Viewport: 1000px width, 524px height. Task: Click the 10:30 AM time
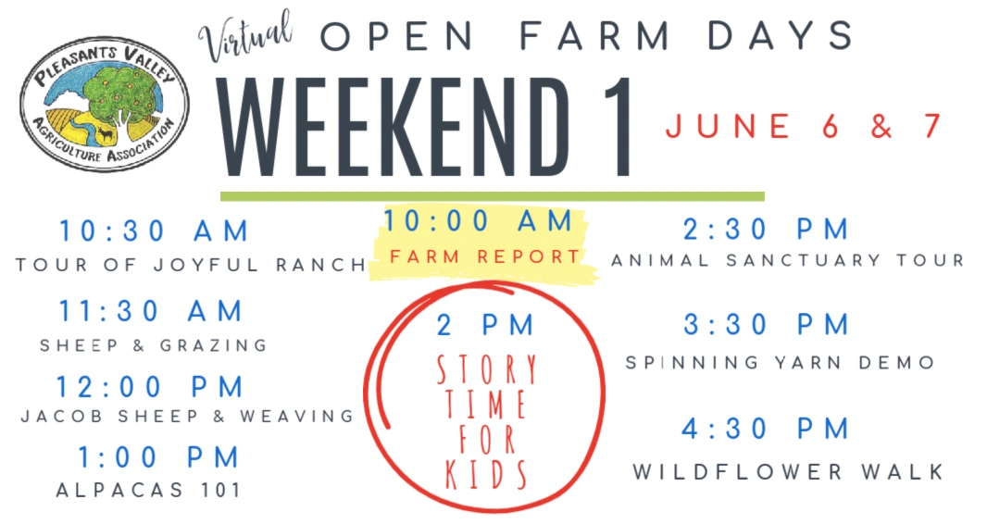pyautogui.click(x=154, y=231)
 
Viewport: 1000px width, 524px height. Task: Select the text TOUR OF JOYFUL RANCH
pyautogui.click(x=192, y=265)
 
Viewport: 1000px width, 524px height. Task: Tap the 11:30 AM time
pyautogui.click(x=151, y=312)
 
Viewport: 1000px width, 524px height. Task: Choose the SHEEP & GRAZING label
pyautogui.click(x=154, y=345)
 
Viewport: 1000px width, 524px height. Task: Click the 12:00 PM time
pyautogui.click(x=150, y=387)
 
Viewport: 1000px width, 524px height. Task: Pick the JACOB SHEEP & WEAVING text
pyautogui.click(x=187, y=417)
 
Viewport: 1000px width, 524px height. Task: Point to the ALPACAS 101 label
pyautogui.click(x=148, y=491)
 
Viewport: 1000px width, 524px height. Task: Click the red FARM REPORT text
pyautogui.click(x=484, y=256)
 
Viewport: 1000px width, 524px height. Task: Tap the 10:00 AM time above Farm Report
pyautogui.click(x=478, y=221)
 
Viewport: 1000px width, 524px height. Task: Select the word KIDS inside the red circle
pyautogui.click(x=486, y=474)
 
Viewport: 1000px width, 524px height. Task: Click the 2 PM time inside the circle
pyautogui.click(x=485, y=325)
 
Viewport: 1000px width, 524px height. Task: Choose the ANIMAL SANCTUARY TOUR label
pyautogui.click(x=788, y=260)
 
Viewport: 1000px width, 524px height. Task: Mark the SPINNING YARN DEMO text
pyautogui.click(x=780, y=363)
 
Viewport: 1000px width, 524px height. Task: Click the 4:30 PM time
pyautogui.click(x=766, y=429)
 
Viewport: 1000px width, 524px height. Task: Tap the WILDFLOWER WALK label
pyautogui.click(x=788, y=472)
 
